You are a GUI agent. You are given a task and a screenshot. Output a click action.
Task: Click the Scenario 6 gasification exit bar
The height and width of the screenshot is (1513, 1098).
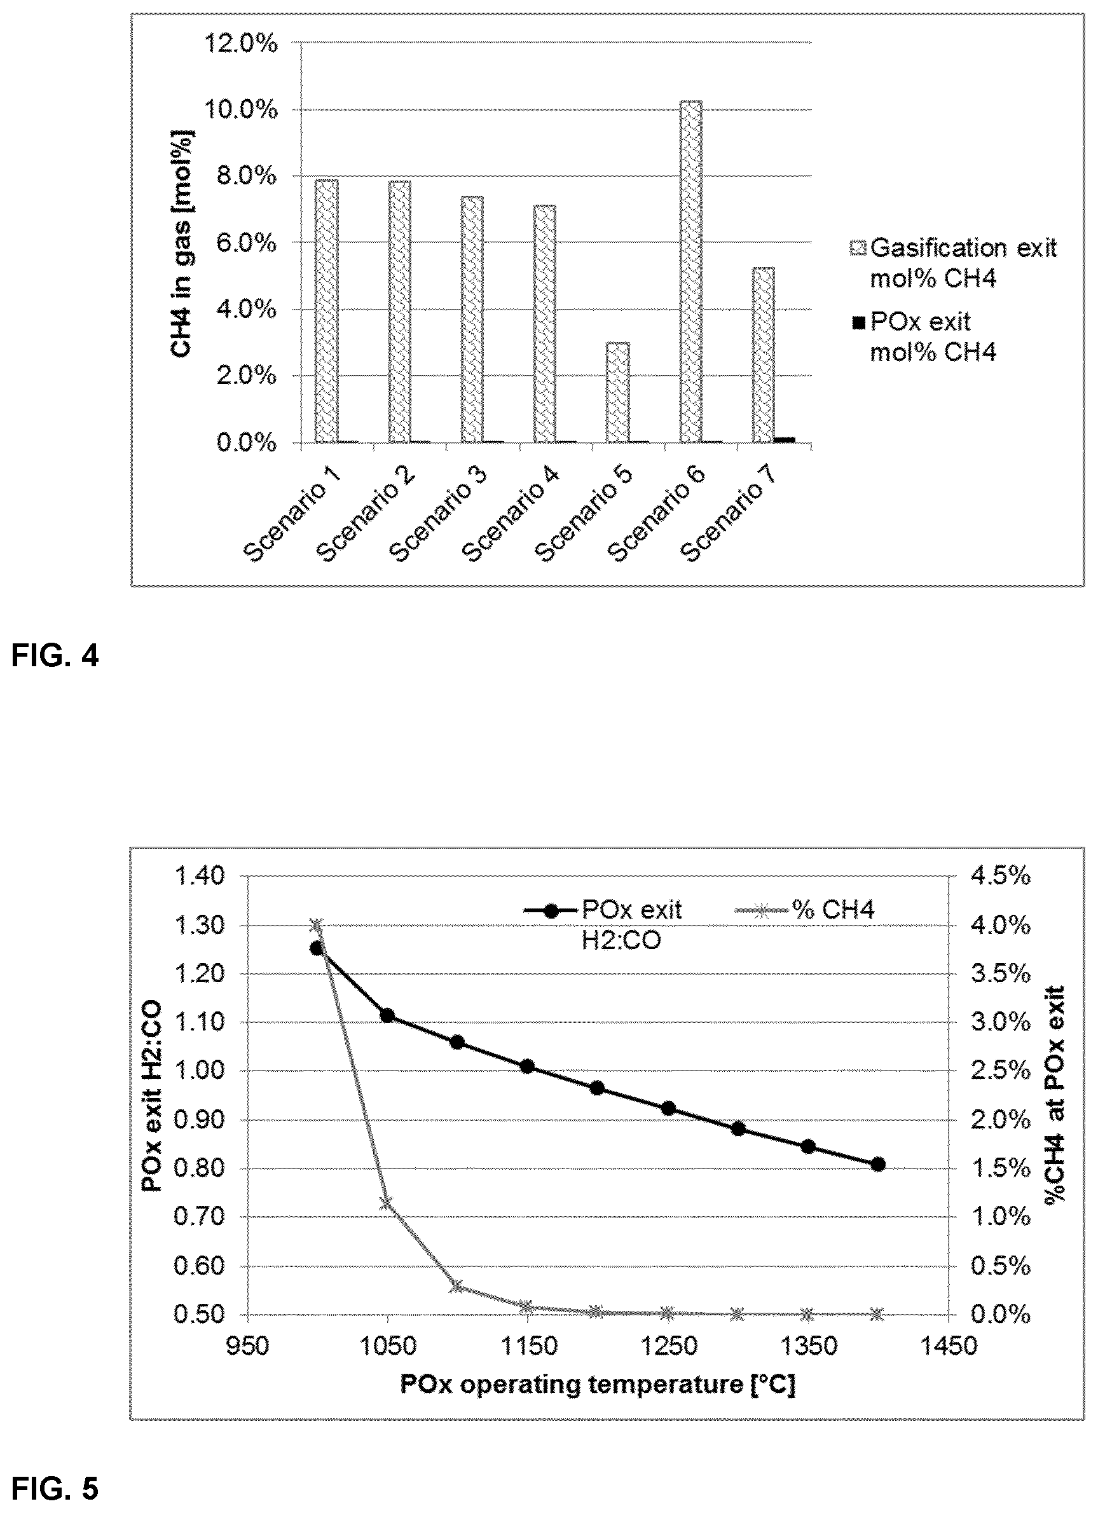690,271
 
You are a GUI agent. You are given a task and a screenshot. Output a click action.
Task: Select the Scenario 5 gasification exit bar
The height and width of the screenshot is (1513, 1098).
618,392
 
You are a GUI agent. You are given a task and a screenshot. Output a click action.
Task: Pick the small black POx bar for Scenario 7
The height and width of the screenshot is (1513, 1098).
785,440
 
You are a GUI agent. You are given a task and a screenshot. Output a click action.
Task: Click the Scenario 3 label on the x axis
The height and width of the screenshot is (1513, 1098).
437,513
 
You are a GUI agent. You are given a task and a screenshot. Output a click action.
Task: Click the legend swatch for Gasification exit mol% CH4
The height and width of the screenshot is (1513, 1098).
859,249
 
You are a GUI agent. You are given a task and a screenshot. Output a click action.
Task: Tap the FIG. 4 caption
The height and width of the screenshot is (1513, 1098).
55,657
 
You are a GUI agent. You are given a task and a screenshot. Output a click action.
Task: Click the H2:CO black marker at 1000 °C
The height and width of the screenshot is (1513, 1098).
317,948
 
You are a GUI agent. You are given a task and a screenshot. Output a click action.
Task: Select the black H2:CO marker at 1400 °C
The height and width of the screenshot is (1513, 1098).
879,1164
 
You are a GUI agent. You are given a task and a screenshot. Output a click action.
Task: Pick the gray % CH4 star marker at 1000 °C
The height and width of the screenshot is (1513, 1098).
317,924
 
